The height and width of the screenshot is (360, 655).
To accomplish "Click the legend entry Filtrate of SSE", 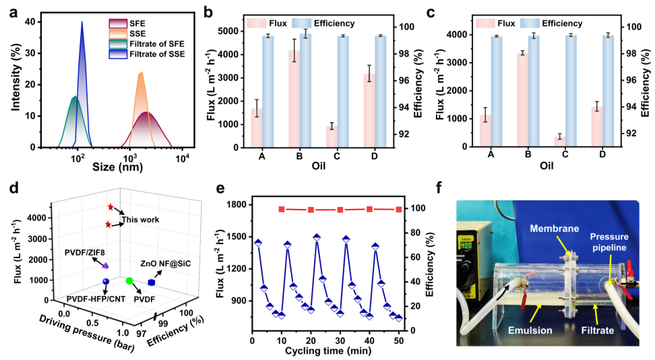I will [x=156, y=54].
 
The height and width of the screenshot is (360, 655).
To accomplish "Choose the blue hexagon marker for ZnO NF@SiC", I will [x=152, y=283].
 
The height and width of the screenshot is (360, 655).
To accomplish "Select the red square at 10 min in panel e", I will [x=281, y=210].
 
